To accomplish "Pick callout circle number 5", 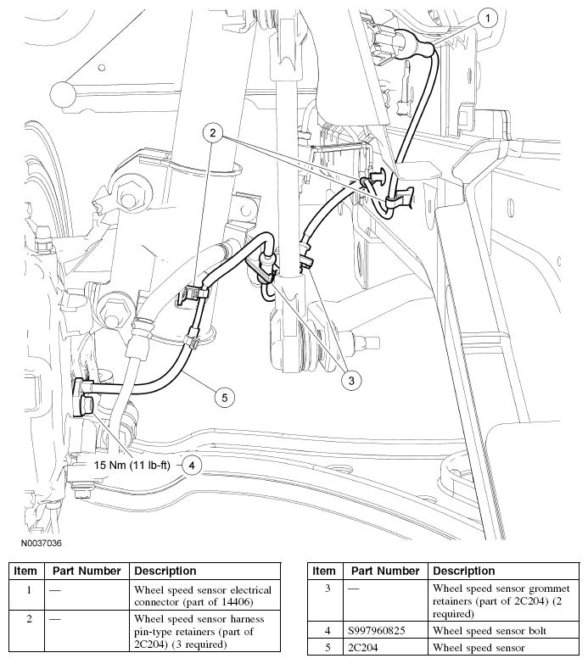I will (224, 396).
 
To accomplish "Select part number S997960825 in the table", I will (384, 630).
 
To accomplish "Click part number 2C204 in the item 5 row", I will (367, 648).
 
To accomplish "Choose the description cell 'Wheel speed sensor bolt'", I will (490, 630).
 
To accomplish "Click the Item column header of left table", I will (25, 571).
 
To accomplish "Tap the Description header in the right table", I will (463, 571).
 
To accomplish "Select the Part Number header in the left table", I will (87, 571).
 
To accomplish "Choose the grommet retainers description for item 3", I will (501, 600).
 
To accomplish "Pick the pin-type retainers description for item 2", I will (200, 631).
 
